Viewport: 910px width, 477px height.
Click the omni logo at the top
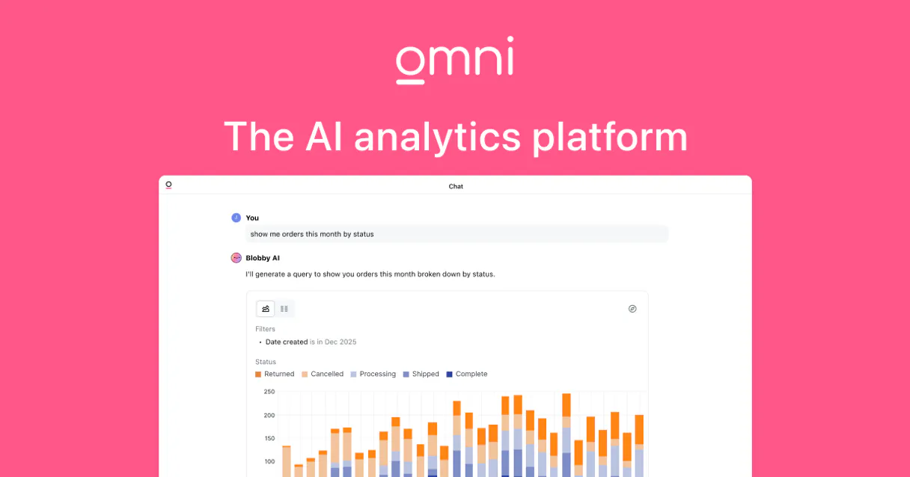(455, 60)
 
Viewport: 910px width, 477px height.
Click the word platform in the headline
(610, 138)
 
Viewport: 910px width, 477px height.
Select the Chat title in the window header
(456, 186)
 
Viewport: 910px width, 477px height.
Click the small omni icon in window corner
(168, 185)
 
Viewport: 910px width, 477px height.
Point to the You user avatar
(236, 218)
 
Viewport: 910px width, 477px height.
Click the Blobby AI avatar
(236, 258)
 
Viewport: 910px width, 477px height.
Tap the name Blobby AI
(263, 258)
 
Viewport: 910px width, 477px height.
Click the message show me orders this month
(312, 234)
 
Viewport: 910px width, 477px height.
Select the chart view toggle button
(266, 309)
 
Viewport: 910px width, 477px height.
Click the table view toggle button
(284, 309)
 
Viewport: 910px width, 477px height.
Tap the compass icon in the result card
(632, 309)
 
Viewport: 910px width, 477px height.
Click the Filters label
(265, 329)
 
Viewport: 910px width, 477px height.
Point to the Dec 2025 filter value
(341, 342)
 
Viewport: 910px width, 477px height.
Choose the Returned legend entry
(275, 374)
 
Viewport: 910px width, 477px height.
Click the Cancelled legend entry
(323, 374)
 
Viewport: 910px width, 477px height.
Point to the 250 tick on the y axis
(269, 392)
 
